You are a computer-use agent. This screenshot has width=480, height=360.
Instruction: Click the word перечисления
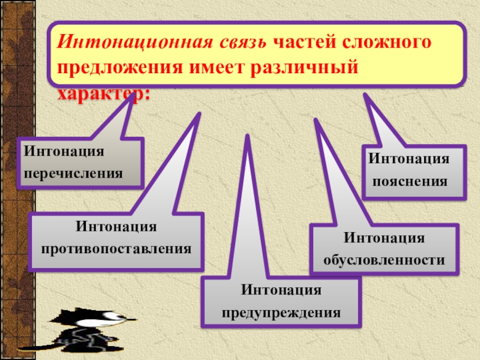tap(74, 173)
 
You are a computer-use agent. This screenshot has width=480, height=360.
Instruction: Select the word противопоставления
tap(116, 247)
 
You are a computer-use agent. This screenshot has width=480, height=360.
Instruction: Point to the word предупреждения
tap(281, 313)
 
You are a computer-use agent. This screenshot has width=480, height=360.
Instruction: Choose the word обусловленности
tap(385, 260)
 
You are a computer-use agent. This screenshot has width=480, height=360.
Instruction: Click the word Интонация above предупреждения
tap(281, 291)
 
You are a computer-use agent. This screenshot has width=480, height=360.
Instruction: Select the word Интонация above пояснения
tap(409, 159)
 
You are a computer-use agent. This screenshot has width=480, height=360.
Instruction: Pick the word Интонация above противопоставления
tap(116, 226)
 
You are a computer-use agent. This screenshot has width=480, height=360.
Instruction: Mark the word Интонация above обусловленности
tap(385, 239)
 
